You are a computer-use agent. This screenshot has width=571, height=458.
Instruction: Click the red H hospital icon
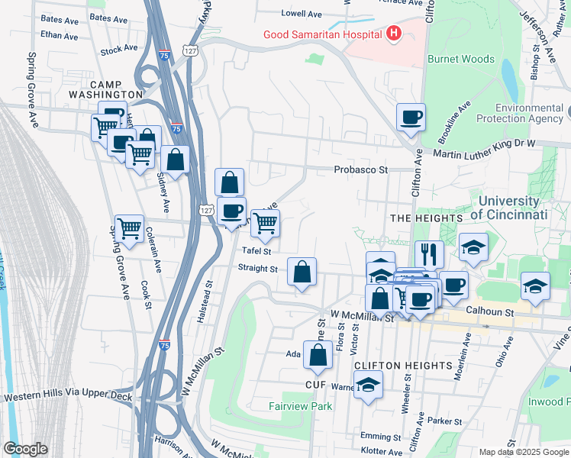[394, 33]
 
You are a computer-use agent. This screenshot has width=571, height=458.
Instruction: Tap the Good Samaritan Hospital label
[322, 34]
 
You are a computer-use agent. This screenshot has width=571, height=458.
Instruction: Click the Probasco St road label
[360, 169]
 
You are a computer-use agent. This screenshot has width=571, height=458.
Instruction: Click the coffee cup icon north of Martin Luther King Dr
[411, 117]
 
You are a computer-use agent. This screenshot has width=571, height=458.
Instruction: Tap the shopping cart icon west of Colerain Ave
[129, 227]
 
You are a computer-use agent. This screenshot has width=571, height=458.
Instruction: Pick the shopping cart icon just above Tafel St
[265, 223]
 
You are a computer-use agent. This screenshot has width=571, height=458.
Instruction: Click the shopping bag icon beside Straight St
[302, 271]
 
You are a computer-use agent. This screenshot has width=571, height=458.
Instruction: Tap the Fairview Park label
[300, 406]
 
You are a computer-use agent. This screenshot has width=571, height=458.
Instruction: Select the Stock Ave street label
[118, 51]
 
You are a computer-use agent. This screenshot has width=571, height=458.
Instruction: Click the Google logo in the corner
[25, 449]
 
